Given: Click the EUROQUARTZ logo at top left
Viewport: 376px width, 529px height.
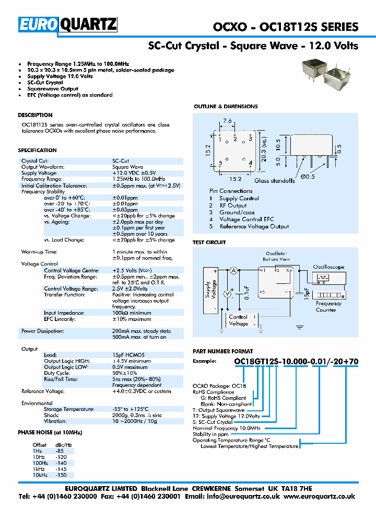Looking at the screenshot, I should click(68, 24).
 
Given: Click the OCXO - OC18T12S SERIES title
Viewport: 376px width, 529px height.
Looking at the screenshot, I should click(286, 27).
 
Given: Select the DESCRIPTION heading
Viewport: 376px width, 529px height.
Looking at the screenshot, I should click(35, 115).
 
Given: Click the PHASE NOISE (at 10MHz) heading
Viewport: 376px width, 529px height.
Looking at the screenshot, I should click(50, 432).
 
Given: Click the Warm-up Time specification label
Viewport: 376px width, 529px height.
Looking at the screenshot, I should click(39, 252).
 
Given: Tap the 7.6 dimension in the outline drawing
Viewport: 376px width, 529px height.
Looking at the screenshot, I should click(228, 121).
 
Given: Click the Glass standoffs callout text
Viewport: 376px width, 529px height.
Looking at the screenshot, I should click(275, 181).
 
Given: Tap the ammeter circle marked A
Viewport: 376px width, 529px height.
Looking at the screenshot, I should click(234, 270).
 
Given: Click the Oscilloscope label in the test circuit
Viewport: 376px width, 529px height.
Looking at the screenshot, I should click(328, 267).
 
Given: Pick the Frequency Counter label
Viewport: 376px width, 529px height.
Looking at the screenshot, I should click(328, 306).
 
